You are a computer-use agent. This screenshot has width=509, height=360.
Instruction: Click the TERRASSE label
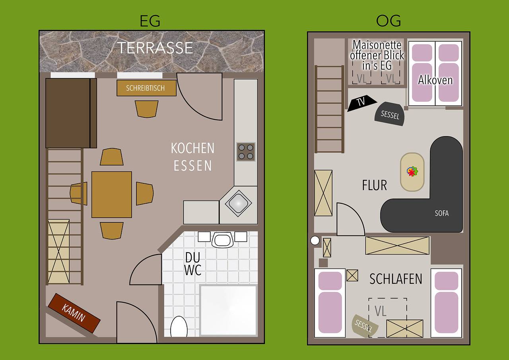[155, 48]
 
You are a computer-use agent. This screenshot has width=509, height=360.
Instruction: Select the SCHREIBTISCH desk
[146, 88]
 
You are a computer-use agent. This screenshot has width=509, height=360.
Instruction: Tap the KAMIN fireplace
[74, 313]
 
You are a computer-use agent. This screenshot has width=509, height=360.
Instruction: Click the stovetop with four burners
[246, 152]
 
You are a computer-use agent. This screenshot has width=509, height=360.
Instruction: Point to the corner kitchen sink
[238, 202]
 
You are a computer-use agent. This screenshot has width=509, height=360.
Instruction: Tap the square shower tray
[228, 311]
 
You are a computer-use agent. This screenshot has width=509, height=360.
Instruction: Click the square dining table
[112, 195]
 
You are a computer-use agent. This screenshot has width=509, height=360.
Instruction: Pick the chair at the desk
[147, 109]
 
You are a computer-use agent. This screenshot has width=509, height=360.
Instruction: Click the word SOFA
[441, 213]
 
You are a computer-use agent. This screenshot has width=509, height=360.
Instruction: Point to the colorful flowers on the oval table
[412, 172]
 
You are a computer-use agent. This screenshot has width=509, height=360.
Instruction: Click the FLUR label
[374, 185]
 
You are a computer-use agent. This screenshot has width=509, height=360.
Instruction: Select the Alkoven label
[435, 80]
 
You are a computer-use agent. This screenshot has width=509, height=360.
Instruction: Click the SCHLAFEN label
[396, 279]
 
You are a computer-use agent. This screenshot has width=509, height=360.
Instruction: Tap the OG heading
[388, 21]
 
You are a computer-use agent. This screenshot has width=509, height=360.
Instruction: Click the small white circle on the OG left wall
[315, 240]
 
